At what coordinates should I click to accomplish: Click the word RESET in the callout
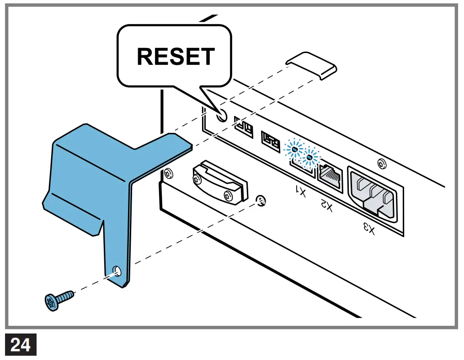176,57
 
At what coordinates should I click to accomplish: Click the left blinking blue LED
294,149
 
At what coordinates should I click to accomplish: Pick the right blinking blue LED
312,157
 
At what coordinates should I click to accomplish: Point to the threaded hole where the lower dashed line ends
261,200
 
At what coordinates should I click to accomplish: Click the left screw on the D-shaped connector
197,179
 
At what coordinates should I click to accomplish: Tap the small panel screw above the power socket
381,163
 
